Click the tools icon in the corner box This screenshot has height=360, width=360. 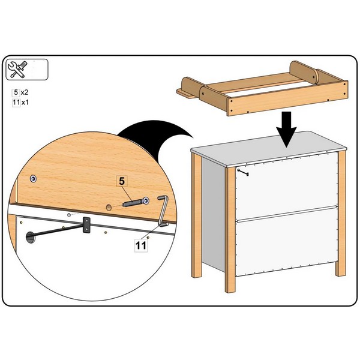pos(17,70)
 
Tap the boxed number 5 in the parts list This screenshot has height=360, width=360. pos(16,92)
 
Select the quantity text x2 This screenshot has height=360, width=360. pos(25,92)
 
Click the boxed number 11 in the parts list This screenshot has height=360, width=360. pos(16,102)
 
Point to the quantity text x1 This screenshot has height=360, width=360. pos(25,103)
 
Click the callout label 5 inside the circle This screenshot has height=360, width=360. pos(122,181)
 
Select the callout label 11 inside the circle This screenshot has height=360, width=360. pos(141,245)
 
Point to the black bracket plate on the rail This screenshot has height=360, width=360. pos(86,225)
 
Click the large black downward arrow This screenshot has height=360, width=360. pos(286,129)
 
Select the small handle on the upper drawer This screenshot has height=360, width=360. pos(243,172)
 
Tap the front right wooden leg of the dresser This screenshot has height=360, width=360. pos(341,213)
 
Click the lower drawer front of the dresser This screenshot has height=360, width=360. pos(287,241)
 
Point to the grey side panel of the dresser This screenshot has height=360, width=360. pos(213,214)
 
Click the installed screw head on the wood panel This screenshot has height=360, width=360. pos(34,178)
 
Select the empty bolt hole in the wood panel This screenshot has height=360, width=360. pos(109,208)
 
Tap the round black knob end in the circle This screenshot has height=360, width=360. pos(31,238)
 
